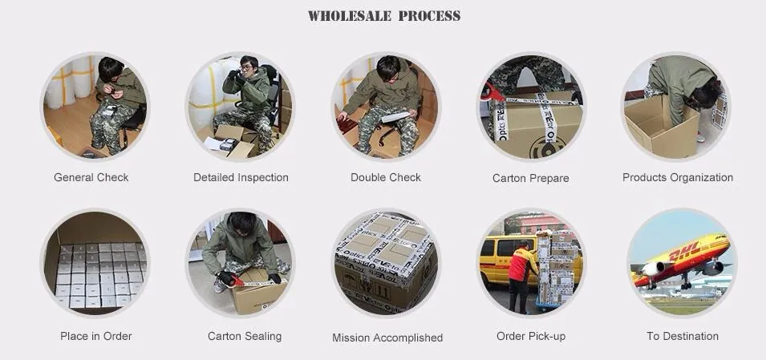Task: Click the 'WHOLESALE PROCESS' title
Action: pos(383,16)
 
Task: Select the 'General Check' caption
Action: pos(91,177)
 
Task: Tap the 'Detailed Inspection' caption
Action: pos(241,177)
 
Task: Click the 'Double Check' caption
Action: pos(385,177)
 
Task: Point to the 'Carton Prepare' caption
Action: pos(530,178)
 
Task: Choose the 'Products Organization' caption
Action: pos(677,177)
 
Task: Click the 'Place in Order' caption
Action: pos(95,336)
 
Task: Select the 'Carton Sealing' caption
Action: pos(244,336)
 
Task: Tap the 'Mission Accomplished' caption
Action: pos(387,338)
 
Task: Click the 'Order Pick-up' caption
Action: pos(530,336)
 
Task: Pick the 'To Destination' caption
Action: pos(682,336)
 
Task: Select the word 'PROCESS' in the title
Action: pos(430,16)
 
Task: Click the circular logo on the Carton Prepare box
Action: pos(551,146)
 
